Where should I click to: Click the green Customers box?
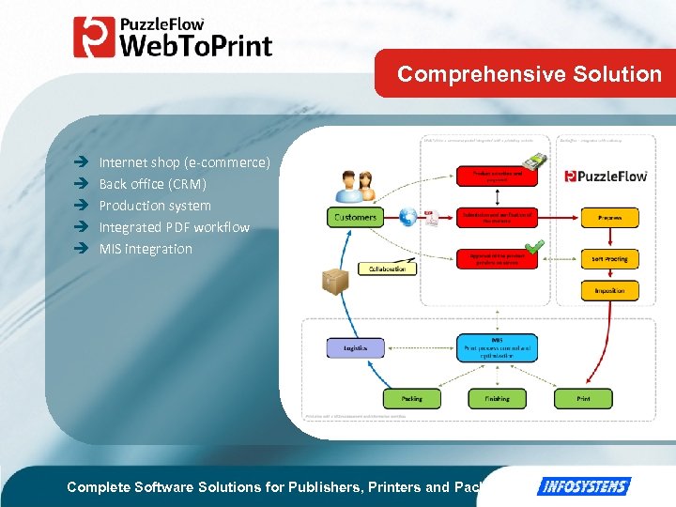click(x=355, y=217)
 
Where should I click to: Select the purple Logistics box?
click(x=355, y=347)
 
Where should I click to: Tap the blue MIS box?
click(x=497, y=347)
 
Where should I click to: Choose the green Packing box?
click(x=411, y=398)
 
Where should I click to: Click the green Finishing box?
click(x=497, y=398)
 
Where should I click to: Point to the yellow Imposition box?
click(x=609, y=291)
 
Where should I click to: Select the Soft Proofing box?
click(x=609, y=259)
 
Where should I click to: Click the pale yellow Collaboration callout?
click(x=386, y=269)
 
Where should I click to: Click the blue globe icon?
click(x=407, y=217)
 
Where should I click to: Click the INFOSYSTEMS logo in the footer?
click(x=583, y=486)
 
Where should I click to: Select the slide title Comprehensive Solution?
click(x=530, y=74)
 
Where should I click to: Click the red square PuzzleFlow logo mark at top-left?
click(x=94, y=38)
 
